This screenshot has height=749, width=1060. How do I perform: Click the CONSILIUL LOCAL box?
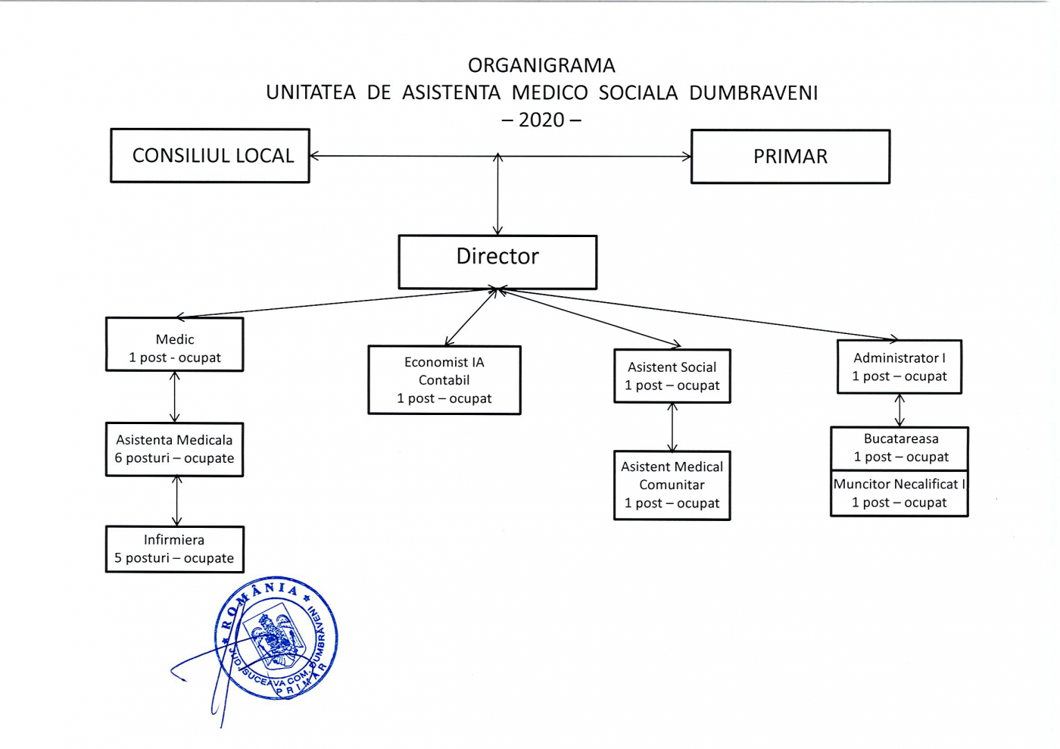tap(210, 156)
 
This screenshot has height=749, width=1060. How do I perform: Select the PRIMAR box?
tap(790, 157)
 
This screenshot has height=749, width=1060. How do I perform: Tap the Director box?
tap(497, 262)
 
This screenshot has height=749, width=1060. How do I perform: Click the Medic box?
tap(174, 345)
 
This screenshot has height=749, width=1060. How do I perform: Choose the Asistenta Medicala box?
tap(174, 449)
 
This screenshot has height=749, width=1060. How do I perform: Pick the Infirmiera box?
tap(174, 549)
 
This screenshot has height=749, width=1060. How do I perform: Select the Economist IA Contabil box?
tap(444, 380)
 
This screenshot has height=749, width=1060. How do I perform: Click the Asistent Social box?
tap(672, 376)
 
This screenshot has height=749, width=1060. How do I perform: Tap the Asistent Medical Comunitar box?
tap(672, 485)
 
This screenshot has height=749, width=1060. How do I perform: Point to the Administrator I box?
tap(899, 367)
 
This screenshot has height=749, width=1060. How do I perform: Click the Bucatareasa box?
tap(899, 448)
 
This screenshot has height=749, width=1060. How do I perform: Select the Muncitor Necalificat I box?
tap(899, 493)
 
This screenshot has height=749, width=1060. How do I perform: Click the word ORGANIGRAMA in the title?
tap(541, 66)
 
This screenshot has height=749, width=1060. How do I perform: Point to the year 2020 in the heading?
tap(541, 120)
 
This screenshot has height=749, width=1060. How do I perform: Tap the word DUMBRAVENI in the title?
tap(753, 93)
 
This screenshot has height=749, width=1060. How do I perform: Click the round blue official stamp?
tap(277, 638)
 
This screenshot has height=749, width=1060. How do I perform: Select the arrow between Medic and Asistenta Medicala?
tap(175, 397)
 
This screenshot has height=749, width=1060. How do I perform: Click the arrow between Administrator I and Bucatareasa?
tap(899, 410)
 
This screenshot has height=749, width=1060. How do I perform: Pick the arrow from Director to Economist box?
tap(471, 317)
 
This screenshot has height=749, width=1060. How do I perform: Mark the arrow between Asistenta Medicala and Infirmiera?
tap(176, 501)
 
